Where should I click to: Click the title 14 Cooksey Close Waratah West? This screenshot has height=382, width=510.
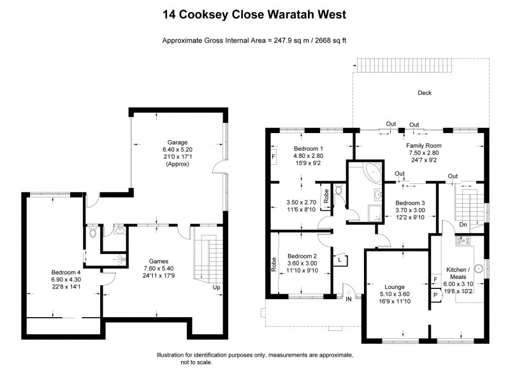tap(254, 13)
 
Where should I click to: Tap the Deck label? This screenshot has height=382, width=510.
tap(424, 93)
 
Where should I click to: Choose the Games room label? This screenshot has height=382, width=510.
tap(159, 260)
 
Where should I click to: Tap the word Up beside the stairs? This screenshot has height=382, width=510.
tap(217, 287)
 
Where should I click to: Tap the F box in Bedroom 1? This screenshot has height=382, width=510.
tap(273, 156)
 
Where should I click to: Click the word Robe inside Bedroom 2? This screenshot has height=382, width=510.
tap(274, 264)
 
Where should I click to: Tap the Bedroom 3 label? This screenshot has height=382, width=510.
tap(409, 203)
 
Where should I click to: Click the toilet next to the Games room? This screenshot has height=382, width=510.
tap(94, 232)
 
